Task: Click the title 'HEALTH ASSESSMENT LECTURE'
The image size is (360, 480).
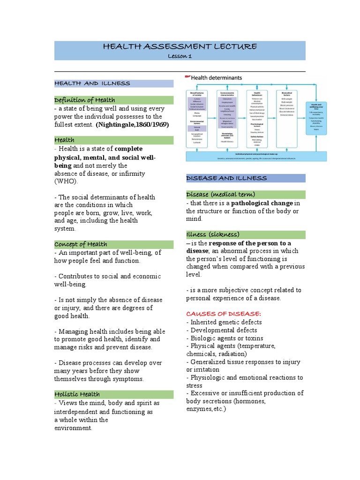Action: tap(180, 46)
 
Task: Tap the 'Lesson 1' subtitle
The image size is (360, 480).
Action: tap(180, 56)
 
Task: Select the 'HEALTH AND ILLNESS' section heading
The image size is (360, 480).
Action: tap(92, 83)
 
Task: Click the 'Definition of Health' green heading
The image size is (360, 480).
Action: tap(84, 100)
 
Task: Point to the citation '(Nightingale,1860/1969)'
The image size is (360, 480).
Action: tap(132, 125)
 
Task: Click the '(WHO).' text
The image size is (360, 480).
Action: tap(67, 181)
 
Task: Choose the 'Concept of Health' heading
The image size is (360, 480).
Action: tap(81, 244)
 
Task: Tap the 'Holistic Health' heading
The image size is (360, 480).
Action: tap(77, 394)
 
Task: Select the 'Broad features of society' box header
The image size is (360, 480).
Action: tap(198, 94)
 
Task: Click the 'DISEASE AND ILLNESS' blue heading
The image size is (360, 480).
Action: tap(226, 178)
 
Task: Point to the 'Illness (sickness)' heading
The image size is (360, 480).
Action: tap(213, 234)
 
